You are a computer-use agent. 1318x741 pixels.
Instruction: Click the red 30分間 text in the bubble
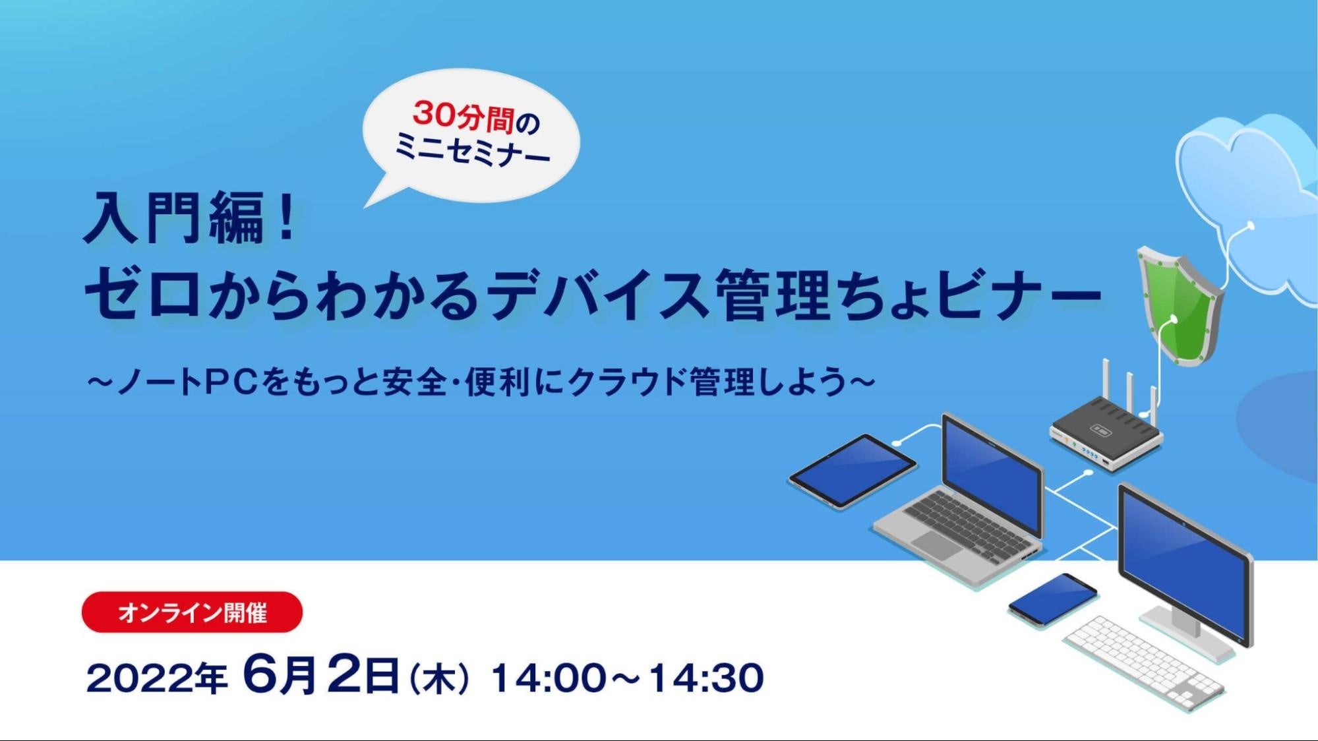point(462,117)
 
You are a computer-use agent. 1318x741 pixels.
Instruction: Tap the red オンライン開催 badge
point(192,612)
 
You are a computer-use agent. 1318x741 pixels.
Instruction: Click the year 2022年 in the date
point(157,678)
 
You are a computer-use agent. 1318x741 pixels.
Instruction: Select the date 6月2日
point(321,676)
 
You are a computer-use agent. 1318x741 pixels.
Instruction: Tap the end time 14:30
point(706,678)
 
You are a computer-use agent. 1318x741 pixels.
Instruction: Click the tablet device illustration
point(852,470)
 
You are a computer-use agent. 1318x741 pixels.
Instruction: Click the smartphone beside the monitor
point(1052,599)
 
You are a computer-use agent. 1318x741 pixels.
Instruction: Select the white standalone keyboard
point(1145,662)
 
